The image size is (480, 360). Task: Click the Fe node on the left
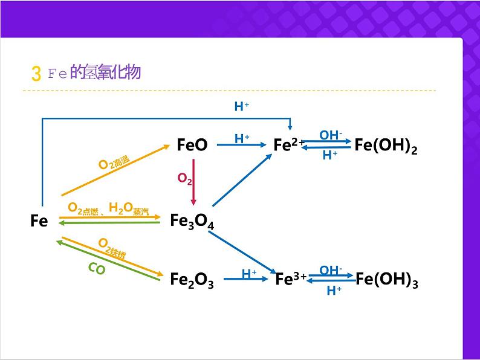[39, 221]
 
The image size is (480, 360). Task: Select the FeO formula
[192, 145]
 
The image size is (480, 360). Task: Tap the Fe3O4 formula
[192, 222]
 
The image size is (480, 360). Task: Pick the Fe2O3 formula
[192, 280]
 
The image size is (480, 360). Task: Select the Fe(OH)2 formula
[386, 146]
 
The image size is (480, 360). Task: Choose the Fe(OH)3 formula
[387, 280]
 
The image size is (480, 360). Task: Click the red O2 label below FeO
[185, 178]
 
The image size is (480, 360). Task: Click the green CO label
[97, 269]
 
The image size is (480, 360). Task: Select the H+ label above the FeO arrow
[242, 138]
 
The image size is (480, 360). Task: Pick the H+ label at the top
[242, 107]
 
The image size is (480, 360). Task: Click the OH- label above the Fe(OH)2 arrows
[331, 135]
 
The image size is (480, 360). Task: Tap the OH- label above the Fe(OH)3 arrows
[331, 271]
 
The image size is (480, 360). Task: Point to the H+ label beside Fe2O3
[249, 274]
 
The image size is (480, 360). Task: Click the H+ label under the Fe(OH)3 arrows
[334, 291]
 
